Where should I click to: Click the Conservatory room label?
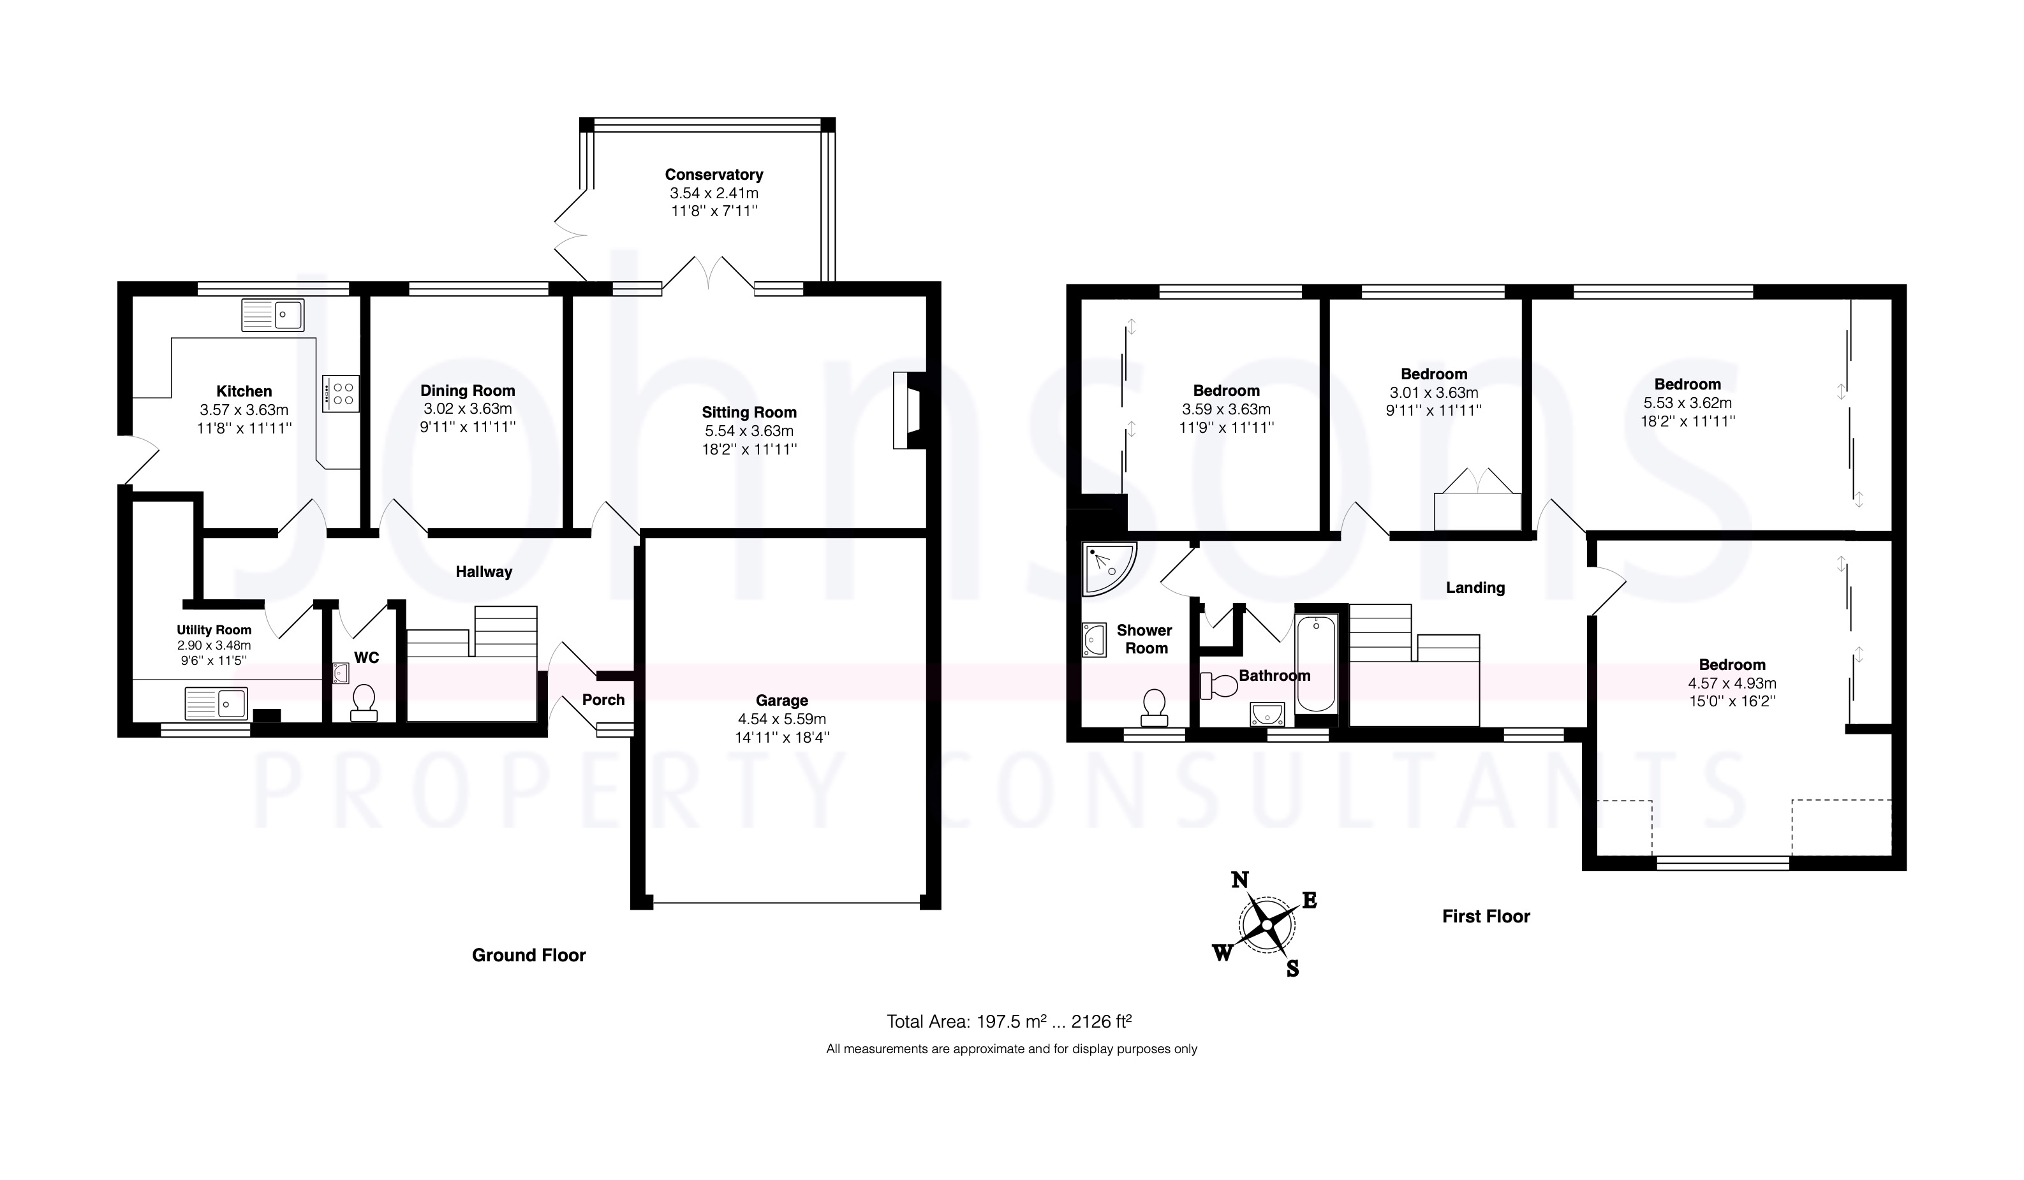point(713,174)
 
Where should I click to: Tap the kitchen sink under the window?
point(273,315)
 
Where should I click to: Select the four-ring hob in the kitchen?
point(341,394)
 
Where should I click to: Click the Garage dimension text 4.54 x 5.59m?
point(781,719)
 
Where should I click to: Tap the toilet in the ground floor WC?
point(364,703)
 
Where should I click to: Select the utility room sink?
point(216,704)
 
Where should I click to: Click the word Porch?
point(603,699)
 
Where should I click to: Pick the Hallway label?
point(484,572)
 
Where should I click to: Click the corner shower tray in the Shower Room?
point(1109,570)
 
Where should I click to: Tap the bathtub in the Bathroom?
point(1315,664)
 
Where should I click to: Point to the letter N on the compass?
point(1239,880)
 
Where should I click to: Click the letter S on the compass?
point(1292,969)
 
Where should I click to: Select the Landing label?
point(1475,588)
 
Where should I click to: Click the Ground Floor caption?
point(529,955)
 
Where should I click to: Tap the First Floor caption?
point(1486,917)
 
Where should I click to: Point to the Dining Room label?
point(468,391)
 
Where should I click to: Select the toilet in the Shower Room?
point(1154,707)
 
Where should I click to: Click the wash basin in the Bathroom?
point(1267,713)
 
